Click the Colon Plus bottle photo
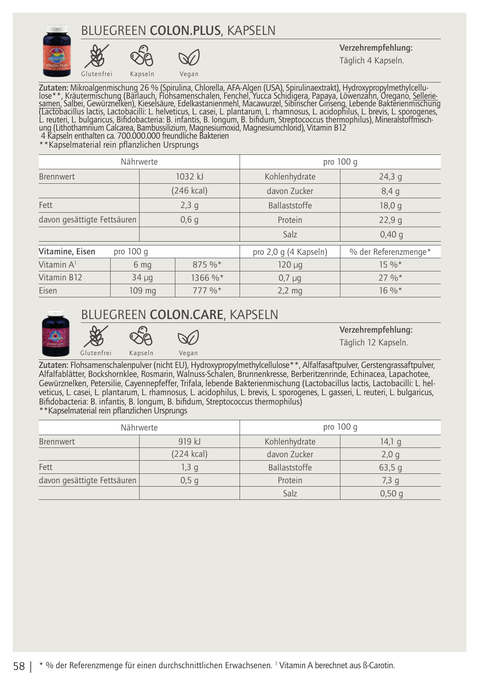pyautogui.click(x=57, y=51)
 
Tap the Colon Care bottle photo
pyautogui.click(x=55, y=333)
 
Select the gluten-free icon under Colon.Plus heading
pyautogui.click(x=97, y=57)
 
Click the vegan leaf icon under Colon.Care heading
pyautogui.click(x=188, y=338)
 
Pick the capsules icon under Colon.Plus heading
pyautogui.click(x=142, y=56)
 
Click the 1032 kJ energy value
pyautogui.click(x=189, y=177)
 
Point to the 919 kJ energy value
pyautogui.click(x=189, y=442)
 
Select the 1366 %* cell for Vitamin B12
pyautogui.click(x=207, y=278)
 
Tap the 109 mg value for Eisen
pyautogui.click(x=143, y=291)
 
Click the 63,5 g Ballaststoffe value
pyautogui.click(x=390, y=467)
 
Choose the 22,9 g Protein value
pyautogui.click(x=390, y=220)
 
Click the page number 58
pyautogui.click(x=19, y=666)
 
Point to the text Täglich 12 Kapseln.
pyautogui.click(x=373, y=342)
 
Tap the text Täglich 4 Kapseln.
pyautogui.click(x=371, y=60)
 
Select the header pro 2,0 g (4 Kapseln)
pyautogui.click(x=290, y=252)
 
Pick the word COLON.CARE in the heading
pyautogui.click(x=186, y=315)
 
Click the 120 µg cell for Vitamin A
pyautogui.click(x=290, y=265)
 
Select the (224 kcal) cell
pyautogui.click(x=189, y=454)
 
